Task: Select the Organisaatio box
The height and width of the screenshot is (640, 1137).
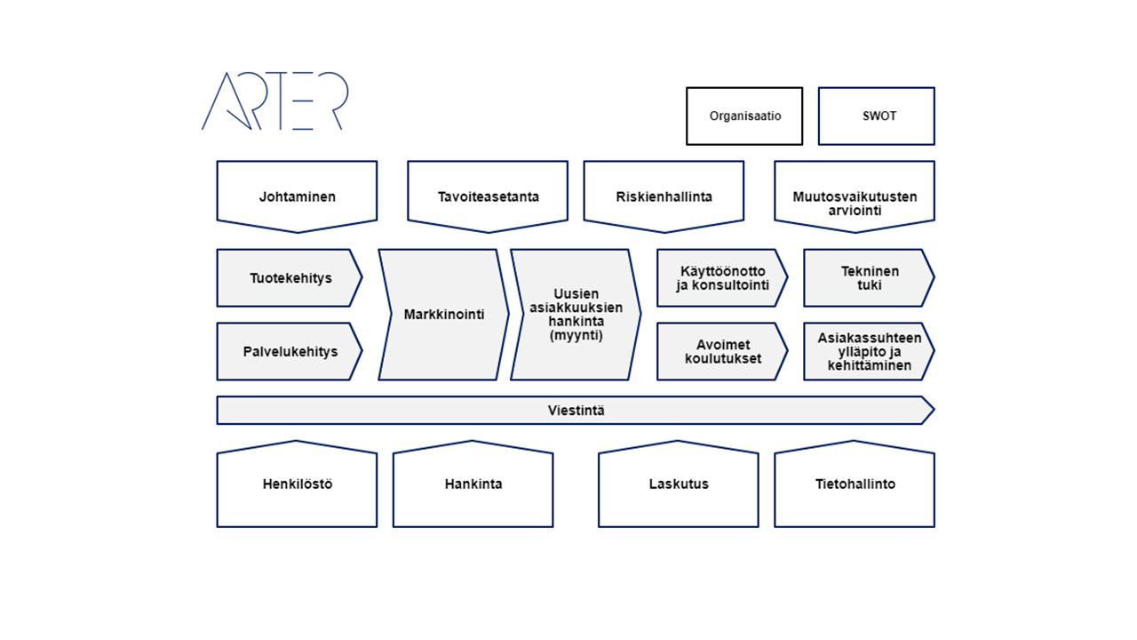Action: (x=744, y=116)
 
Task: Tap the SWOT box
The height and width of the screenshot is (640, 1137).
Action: (x=876, y=116)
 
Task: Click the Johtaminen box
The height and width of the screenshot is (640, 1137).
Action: (x=297, y=196)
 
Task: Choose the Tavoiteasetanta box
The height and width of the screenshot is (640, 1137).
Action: (x=488, y=196)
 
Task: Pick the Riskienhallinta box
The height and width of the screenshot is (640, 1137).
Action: (x=664, y=196)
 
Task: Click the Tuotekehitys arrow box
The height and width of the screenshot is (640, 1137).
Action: (x=290, y=278)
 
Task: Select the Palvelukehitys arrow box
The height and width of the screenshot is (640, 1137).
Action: (x=290, y=351)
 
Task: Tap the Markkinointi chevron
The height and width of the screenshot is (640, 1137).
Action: (x=443, y=315)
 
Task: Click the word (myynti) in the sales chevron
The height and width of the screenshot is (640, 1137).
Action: (x=576, y=335)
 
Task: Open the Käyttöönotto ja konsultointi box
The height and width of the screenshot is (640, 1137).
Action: (x=722, y=278)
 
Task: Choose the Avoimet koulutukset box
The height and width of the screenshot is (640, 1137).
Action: (x=722, y=351)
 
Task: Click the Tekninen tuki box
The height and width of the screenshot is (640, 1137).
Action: (x=869, y=278)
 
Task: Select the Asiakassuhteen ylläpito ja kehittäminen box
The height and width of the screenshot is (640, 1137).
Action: (x=869, y=351)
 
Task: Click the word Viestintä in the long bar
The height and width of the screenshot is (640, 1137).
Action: (x=576, y=411)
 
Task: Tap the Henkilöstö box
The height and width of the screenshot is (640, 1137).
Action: (x=297, y=484)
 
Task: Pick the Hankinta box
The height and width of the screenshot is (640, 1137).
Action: (x=473, y=484)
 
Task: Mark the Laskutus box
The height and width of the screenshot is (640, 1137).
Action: (x=678, y=484)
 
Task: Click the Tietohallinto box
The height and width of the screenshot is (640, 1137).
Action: (x=855, y=484)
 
